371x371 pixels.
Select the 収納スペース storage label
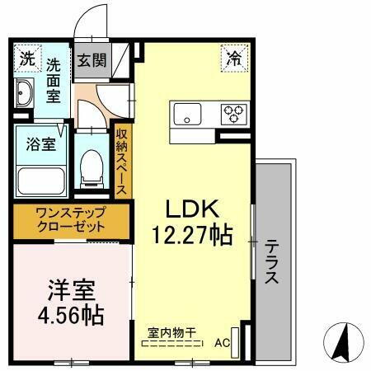[x=122, y=162]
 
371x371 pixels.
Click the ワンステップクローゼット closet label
[x=70, y=219]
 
